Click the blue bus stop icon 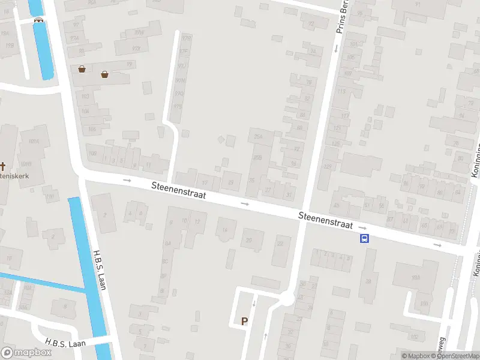[x=364, y=239]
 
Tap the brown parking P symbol [x=244, y=321]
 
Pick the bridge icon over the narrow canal [x=39, y=19]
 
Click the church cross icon [x=3, y=166]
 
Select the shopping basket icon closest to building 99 [x=105, y=74]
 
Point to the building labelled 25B [x=257, y=157]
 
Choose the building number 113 [x=342, y=92]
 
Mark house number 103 [x=85, y=96]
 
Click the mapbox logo [x=26, y=352]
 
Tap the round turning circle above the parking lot [x=287, y=298]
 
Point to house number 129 [x=327, y=166]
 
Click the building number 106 [x=92, y=129]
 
